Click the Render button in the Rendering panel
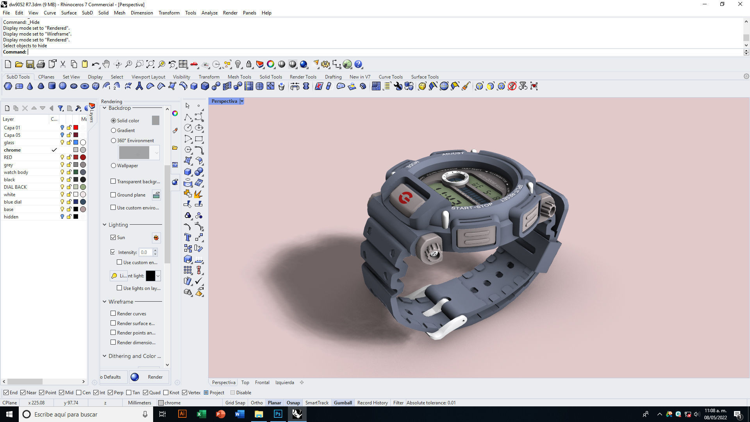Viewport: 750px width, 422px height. [x=150, y=377]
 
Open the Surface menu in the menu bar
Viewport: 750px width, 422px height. [x=69, y=13]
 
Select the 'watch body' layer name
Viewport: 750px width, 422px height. [x=16, y=172]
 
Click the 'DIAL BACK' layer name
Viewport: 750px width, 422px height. [x=15, y=187]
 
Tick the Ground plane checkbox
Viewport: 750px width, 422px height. [x=113, y=195]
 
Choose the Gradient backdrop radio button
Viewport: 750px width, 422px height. [x=114, y=131]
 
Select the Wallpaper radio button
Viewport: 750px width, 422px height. [x=114, y=166]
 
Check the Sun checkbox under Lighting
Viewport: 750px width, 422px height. [x=113, y=238]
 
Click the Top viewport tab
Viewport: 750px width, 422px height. [x=245, y=383]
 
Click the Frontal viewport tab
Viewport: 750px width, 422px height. [x=262, y=383]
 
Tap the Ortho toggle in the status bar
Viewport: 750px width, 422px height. [x=257, y=403]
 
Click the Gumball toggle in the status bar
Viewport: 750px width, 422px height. [x=343, y=403]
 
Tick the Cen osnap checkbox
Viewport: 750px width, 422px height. [x=79, y=393]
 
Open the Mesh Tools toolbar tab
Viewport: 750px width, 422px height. [x=239, y=77]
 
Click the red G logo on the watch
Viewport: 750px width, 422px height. [x=405, y=198]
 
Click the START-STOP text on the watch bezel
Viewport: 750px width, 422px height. [x=472, y=206]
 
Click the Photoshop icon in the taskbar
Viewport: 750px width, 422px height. [x=278, y=414]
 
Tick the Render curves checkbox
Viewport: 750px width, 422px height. [x=113, y=313]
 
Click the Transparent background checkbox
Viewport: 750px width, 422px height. [x=113, y=181]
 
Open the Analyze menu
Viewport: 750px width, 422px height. [x=209, y=13]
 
